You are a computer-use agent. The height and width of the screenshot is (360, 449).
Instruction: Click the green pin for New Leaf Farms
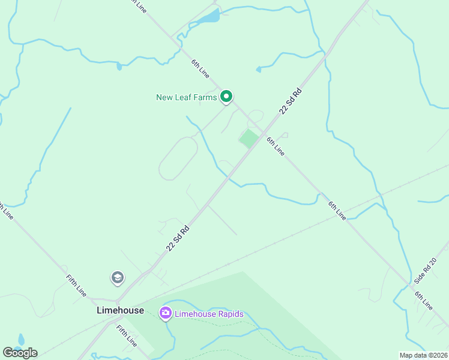[x=226, y=97]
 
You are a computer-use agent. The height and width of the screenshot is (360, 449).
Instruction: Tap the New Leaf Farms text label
[x=186, y=97]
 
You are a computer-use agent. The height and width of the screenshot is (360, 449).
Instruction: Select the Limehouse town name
[x=120, y=310]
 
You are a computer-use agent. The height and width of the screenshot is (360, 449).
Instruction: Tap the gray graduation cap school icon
[x=118, y=278]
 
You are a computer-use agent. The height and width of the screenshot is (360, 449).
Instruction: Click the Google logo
[x=20, y=353]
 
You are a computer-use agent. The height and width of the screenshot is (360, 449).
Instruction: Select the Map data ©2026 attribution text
[x=424, y=355]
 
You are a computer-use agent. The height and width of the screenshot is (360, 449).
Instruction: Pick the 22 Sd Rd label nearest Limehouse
[x=178, y=238]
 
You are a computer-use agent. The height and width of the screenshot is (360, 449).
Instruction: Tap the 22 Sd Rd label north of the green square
[x=289, y=102]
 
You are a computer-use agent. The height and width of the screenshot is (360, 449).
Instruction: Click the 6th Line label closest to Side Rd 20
[x=423, y=300]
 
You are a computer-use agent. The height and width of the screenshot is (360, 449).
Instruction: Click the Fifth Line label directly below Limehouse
[x=127, y=335]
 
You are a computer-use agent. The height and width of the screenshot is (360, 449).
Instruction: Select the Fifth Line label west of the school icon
[x=76, y=286]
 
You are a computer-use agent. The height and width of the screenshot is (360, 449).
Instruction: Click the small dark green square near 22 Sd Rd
[x=249, y=139]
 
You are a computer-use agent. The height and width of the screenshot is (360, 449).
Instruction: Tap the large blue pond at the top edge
[x=209, y=16]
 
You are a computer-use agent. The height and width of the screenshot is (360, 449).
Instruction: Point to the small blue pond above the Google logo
[x=22, y=340]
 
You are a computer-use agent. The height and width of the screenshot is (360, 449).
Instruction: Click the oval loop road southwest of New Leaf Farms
[x=178, y=158]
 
